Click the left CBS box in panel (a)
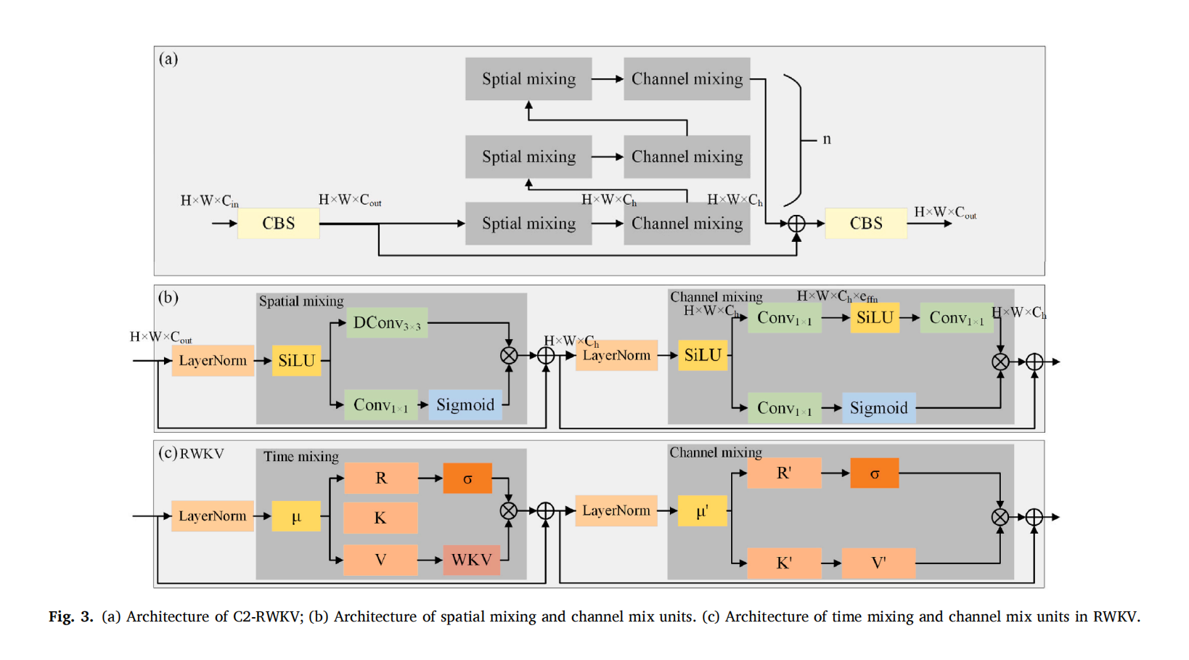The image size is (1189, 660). (x=279, y=224)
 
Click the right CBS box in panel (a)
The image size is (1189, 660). (x=866, y=224)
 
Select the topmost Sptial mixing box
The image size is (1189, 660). (x=528, y=79)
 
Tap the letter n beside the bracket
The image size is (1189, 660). (x=827, y=139)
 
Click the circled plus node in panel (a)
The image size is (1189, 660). (x=796, y=224)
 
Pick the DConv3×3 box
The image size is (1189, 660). (x=387, y=323)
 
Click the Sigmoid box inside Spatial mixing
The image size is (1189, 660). (x=465, y=405)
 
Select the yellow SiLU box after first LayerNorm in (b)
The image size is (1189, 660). (x=296, y=361)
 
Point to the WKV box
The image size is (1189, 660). (x=472, y=560)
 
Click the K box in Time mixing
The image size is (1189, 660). (x=380, y=518)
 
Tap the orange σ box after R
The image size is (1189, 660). (x=467, y=478)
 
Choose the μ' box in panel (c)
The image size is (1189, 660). (x=702, y=511)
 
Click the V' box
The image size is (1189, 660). (x=878, y=563)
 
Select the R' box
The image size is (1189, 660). (x=784, y=473)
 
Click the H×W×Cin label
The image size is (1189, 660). (x=209, y=201)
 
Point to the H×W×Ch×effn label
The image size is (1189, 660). (x=837, y=296)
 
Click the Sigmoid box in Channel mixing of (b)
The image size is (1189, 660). (x=878, y=408)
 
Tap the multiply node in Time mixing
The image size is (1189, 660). (x=509, y=511)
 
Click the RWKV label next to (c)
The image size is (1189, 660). (x=202, y=454)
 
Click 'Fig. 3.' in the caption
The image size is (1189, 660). (x=71, y=617)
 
